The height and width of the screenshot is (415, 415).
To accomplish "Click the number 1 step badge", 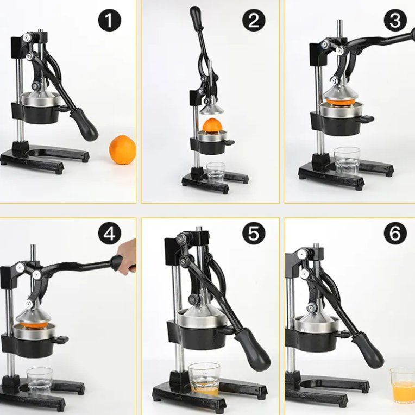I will (109, 21).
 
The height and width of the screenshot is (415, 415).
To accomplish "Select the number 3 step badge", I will (395, 21).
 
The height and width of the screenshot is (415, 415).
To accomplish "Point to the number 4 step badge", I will (109, 234).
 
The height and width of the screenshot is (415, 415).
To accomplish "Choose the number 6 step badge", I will (395, 234).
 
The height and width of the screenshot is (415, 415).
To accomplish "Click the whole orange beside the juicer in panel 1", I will (122, 150).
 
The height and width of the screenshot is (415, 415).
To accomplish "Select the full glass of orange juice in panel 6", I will (403, 385).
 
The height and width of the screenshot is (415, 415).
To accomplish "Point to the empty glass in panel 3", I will (347, 160).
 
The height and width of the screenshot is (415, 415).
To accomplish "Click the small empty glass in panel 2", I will (216, 172).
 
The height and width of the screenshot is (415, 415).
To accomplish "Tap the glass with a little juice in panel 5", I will (204, 379).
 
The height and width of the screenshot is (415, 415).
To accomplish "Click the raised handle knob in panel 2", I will (196, 15).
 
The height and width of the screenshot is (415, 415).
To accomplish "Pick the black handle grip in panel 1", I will (85, 124).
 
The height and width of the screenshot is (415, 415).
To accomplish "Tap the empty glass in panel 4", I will (40, 381).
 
